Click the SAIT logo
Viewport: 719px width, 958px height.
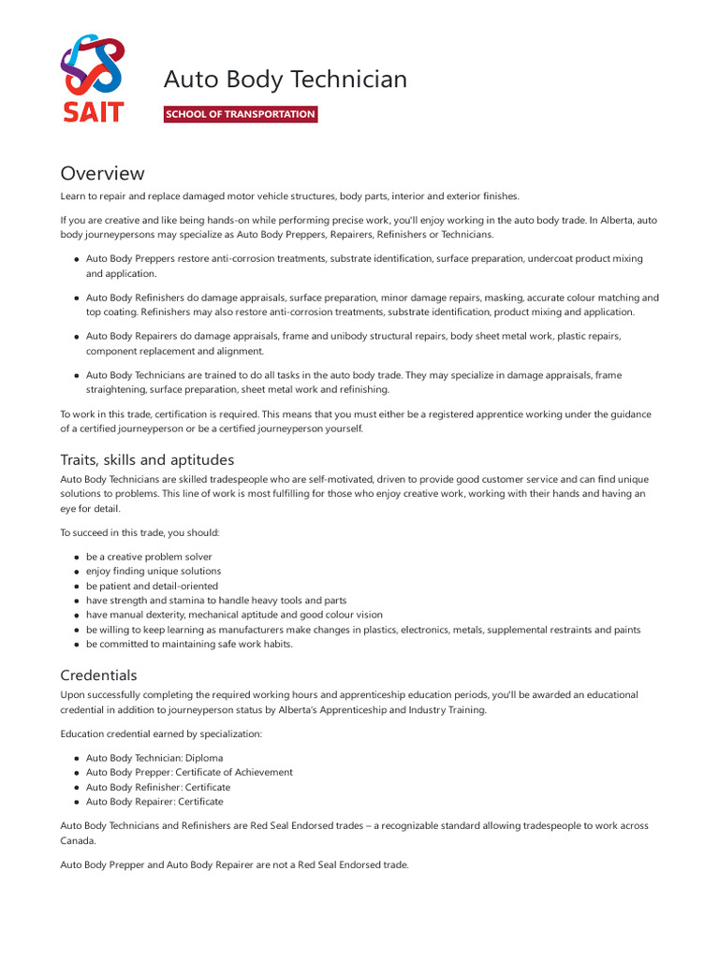(x=92, y=79)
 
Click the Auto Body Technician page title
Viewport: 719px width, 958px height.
(x=286, y=80)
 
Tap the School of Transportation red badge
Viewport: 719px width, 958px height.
(x=241, y=114)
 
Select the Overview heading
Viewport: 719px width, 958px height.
(x=102, y=173)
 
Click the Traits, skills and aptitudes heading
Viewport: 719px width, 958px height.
(x=147, y=459)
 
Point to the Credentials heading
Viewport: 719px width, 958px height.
(x=98, y=675)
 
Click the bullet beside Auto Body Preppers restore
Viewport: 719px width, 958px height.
(x=76, y=259)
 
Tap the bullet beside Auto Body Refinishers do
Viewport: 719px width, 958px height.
(x=76, y=298)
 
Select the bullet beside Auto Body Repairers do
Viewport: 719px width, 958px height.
(x=76, y=337)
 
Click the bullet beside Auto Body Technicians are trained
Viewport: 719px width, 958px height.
(x=76, y=375)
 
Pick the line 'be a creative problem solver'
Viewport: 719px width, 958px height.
(x=149, y=557)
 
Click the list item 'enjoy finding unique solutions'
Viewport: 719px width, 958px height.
(x=154, y=571)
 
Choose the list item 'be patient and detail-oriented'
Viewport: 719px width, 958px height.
(x=152, y=586)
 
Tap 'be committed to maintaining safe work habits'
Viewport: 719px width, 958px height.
(x=189, y=644)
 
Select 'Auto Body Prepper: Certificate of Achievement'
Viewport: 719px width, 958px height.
(x=189, y=772)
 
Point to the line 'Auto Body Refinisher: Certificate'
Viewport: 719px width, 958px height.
(x=157, y=787)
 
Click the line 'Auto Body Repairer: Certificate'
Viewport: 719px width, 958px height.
(x=154, y=801)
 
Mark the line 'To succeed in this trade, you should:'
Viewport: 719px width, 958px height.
(x=139, y=532)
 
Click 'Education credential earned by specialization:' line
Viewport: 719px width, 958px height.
(x=161, y=733)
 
